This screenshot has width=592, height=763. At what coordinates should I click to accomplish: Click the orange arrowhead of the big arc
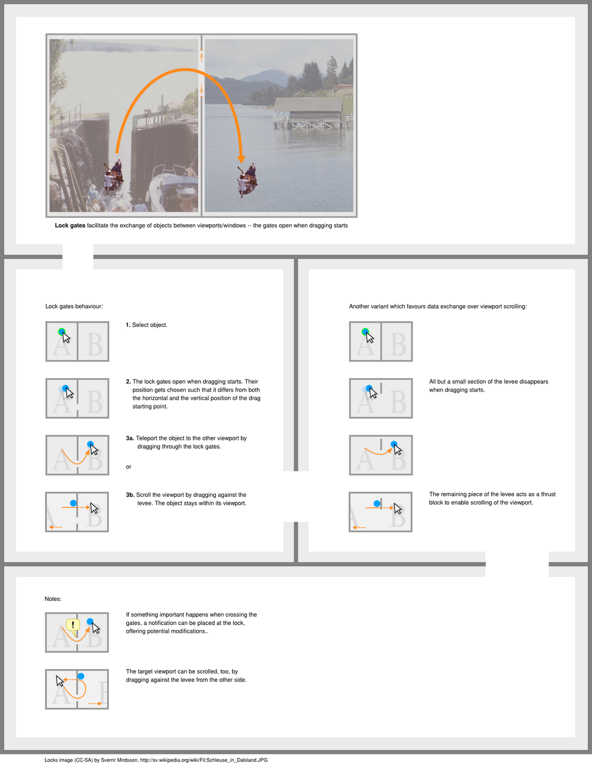click(x=241, y=159)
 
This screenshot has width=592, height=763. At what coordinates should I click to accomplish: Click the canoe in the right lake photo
click(x=247, y=182)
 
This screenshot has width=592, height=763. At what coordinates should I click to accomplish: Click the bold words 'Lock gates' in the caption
click(x=70, y=226)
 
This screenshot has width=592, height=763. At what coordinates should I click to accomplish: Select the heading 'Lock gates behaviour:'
click(x=74, y=306)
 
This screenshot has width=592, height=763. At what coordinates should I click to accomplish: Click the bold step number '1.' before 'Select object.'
click(x=128, y=325)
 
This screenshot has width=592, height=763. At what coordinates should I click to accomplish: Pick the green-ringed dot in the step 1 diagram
click(x=61, y=331)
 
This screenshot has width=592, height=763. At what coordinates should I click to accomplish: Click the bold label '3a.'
click(x=130, y=438)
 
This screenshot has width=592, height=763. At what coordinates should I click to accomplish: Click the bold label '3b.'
click(x=130, y=495)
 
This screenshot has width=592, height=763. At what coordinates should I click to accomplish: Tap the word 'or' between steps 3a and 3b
click(x=128, y=467)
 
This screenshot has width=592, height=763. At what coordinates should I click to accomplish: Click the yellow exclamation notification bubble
click(x=73, y=625)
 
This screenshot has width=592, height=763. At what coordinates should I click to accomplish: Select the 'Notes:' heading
click(x=53, y=599)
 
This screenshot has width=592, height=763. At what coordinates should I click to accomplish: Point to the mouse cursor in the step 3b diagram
click(x=94, y=508)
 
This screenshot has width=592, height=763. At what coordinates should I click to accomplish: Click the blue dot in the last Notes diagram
click(x=81, y=676)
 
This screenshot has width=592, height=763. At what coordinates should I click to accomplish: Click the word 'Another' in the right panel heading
click(x=359, y=306)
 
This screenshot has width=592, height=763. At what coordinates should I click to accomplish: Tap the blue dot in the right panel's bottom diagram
click(x=377, y=503)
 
